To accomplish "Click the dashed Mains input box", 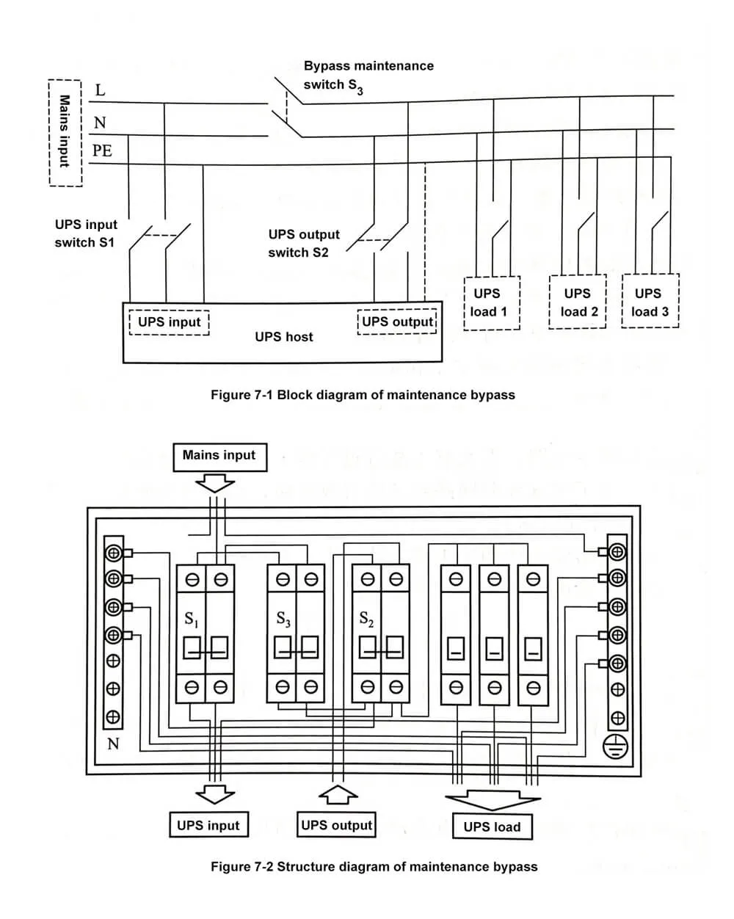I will pyautogui.click(x=65, y=132).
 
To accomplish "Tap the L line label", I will pyautogui.click(x=101, y=91).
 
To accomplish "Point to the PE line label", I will pyautogui.click(x=102, y=151).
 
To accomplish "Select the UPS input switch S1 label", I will pyautogui.click(x=85, y=233).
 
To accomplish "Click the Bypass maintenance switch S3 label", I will pyautogui.click(x=368, y=76).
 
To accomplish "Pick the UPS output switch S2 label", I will pyautogui.click(x=303, y=244).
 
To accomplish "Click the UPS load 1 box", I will pyautogui.click(x=491, y=302).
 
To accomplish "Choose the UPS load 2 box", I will pyautogui.click(x=578, y=302).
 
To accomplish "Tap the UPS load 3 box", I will pyautogui.click(x=650, y=302).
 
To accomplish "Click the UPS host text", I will pyautogui.click(x=283, y=337).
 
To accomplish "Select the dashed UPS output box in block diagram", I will pyautogui.click(x=398, y=322).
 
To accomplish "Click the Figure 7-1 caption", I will pyautogui.click(x=363, y=395).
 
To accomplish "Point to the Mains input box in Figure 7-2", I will pyautogui.click(x=219, y=456).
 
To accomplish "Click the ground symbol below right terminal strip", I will pyautogui.click(x=616, y=747).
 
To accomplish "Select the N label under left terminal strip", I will pyautogui.click(x=113, y=744).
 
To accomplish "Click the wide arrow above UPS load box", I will pyautogui.click(x=493, y=798).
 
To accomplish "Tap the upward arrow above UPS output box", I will pyautogui.click(x=337, y=794).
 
